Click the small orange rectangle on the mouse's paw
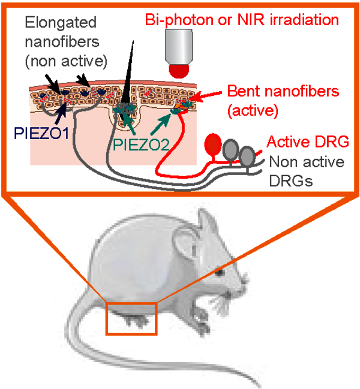[131, 318]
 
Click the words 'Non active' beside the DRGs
[306, 162]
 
